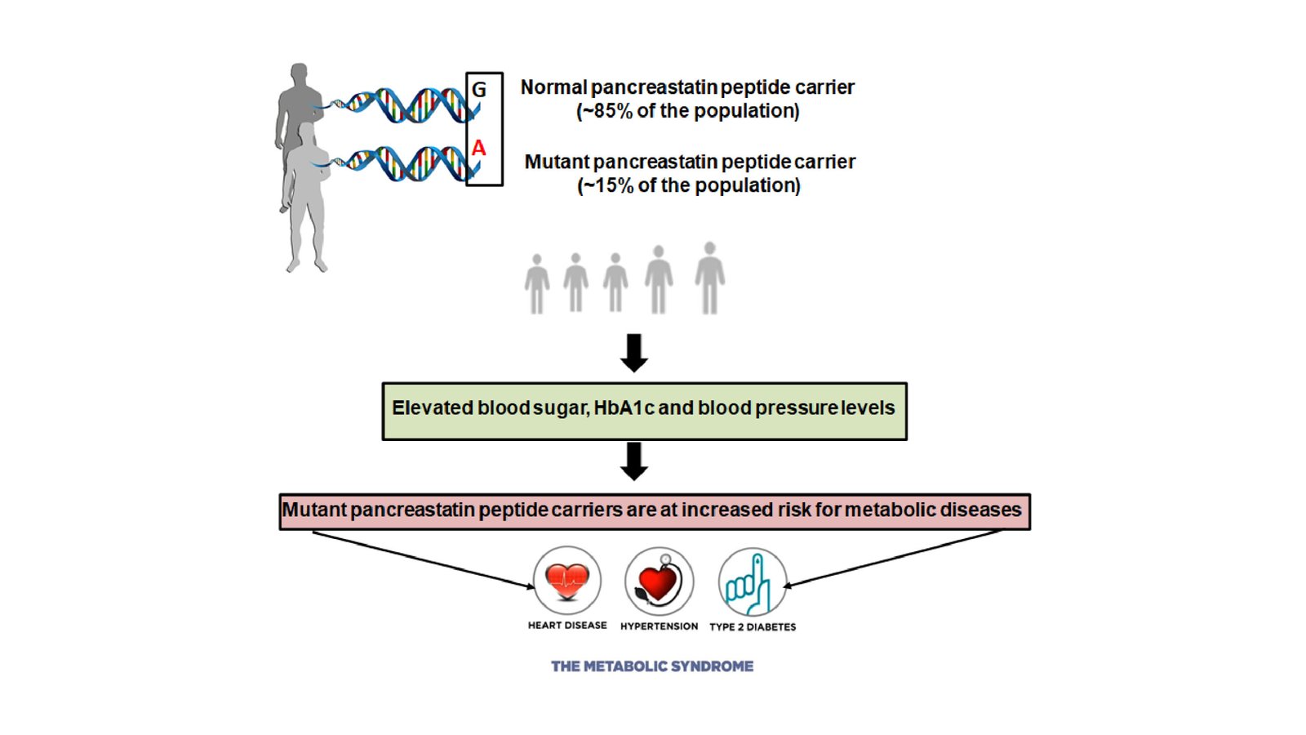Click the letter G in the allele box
click(479, 90)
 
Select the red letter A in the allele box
click(478, 149)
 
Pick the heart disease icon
click(567, 581)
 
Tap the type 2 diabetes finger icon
click(752, 581)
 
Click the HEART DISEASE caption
click(567, 626)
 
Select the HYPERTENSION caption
click(659, 626)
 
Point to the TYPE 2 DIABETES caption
click(753, 627)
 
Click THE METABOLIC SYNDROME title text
click(652, 666)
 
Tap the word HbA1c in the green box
click(624, 408)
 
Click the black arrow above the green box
click(634, 352)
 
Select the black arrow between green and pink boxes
click(634, 461)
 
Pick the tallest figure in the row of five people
click(709, 278)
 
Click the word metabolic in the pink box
click(889, 510)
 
